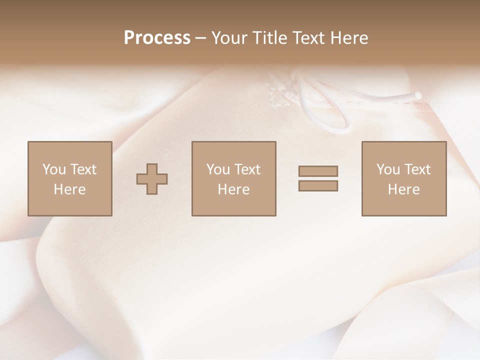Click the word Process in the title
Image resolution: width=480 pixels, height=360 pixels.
point(157,38)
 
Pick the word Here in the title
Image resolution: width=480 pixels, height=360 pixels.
point(349,38)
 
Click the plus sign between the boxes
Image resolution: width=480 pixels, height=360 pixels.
point(152,179)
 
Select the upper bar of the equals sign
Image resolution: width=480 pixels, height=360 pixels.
point(318,171)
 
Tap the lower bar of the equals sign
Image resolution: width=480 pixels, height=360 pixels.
point(318,186)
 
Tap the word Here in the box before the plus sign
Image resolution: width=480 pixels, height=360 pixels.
point(70,189)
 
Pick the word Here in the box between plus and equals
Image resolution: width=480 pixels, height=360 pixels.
point(234,189)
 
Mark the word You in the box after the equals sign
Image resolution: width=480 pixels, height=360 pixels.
point(388,169)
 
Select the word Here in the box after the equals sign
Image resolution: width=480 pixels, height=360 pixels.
point(404,189)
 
